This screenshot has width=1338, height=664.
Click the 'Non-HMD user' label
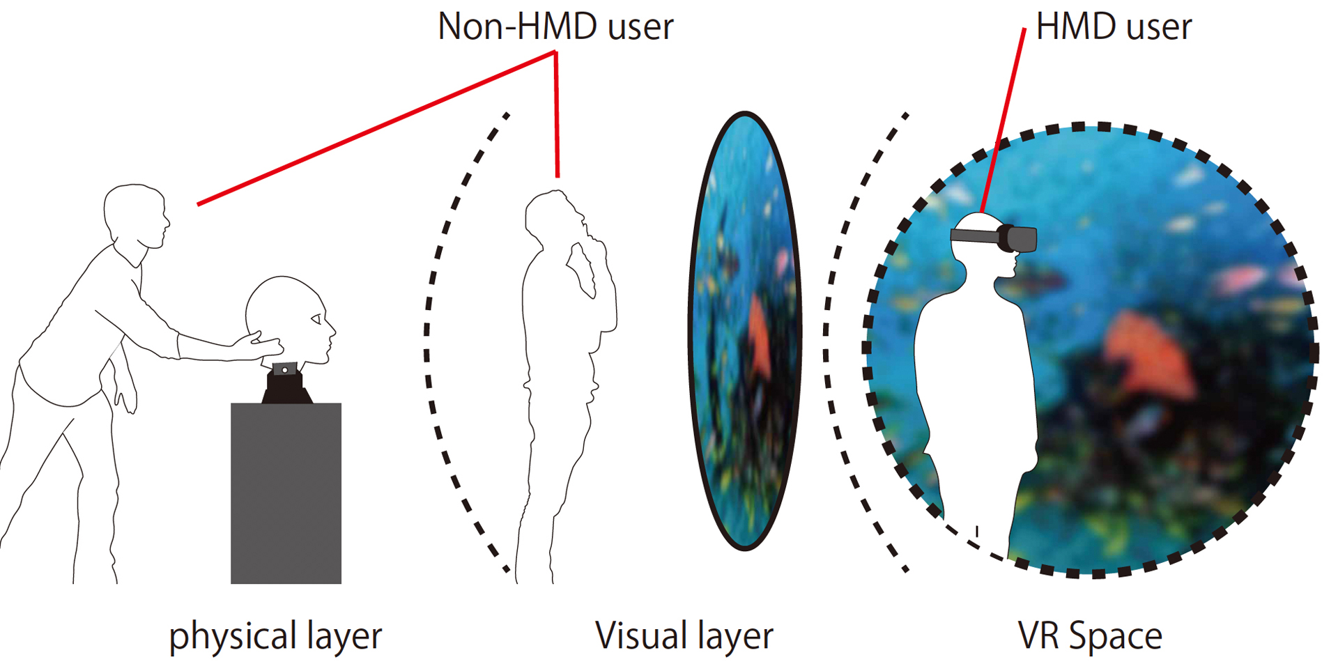(555, 27)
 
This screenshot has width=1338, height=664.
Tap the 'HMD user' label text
(1114, 27)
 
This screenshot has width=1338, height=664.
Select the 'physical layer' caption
(275, 636)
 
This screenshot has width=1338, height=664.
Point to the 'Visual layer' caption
(684, 636)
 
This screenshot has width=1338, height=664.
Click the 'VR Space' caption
(1090, 636)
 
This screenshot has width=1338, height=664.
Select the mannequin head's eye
(316, 319)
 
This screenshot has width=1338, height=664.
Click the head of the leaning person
(136, 213)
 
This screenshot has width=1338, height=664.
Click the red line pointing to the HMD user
(1003, 118)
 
